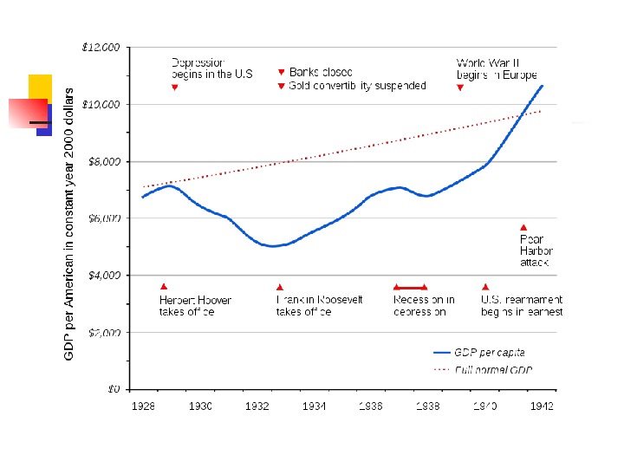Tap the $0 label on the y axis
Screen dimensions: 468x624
[114, 389]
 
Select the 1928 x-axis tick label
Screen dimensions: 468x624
[142, 405]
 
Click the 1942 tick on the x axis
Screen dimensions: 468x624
[542, 405]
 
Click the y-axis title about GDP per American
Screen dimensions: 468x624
[69, 224]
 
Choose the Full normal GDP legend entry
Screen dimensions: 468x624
[482, 369]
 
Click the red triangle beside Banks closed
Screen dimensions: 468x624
[281, 72]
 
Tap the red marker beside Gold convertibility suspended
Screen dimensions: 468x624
[281, 86]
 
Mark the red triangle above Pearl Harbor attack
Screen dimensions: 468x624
[523, 227]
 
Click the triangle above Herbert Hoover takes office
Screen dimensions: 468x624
[164, 287]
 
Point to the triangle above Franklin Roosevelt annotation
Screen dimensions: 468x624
[280, 287]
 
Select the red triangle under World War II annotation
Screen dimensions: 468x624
[460, 88]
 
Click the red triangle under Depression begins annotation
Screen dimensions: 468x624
[175, 88]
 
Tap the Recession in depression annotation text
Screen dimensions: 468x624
[424, 306]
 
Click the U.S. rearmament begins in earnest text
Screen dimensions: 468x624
[522, 306]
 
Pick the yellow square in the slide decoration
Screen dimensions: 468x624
[40, 87]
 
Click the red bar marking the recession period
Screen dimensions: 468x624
[410, 287]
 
